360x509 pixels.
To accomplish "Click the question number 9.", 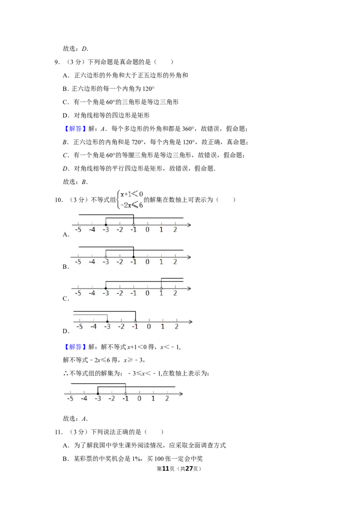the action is pyautogui.click(x=57, y=62).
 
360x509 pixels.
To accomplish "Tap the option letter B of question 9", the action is pyautogui.click(x=65, y=89).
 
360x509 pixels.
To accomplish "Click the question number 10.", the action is pyautogui.click(x=58, y=200).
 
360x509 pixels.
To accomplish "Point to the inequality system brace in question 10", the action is pyautogui.click(x=118, y=200).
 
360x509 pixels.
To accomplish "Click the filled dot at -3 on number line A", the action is pyautogui.click(x=106, y=225).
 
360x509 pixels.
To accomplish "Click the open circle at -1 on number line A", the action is pyautogui.click(x=134, y=225).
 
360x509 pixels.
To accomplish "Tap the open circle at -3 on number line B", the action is pyautogui.click(x=106, y=257).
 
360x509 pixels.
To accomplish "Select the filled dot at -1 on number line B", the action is pyautogui.click(x=134, y=257).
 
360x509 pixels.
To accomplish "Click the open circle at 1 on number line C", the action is pyautogui.click(x=161, y=288).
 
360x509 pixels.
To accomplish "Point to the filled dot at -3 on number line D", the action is pyautogui.click(x=108, y=321).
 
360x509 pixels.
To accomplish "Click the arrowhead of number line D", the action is pyautogui.click(x=191, y=321).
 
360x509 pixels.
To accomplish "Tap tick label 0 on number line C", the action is pyautogui.click(x=147, y=293).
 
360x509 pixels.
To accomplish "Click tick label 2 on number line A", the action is pyautogui.click(x=175, y=230).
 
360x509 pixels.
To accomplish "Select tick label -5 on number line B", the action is pyautogui.click(x=78, y=262).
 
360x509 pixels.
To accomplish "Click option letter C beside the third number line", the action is pyautogui.click(x=65, y=299).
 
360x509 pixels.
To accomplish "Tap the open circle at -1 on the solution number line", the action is pyautogui.click(x=126, y=394).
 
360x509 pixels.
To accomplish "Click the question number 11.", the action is pyautogui.click(x=58, y=432).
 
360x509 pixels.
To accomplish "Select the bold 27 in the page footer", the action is pyautogui.click(x=189, y=469).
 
